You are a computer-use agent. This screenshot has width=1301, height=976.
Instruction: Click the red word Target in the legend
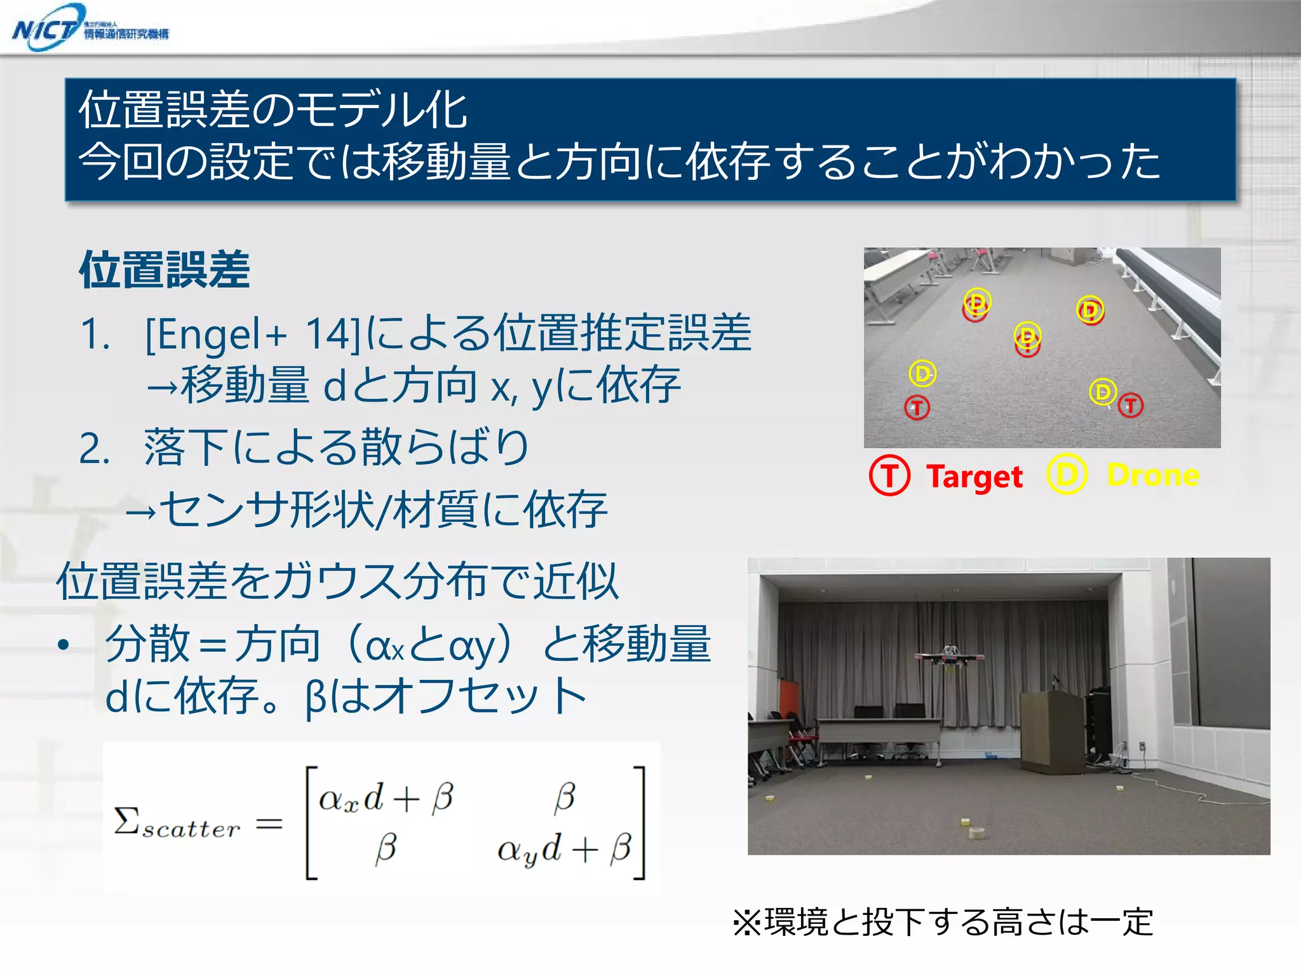point(974,477)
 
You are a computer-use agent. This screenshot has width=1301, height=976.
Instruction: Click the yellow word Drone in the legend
point(1152,475)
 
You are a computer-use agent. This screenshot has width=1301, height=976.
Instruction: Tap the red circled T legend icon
point(889,475)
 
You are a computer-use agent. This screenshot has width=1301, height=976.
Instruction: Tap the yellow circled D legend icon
point(1067,474)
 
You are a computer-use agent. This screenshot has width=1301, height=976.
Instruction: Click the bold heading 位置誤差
point(165,270)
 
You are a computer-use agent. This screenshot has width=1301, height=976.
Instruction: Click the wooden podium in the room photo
point(1051,731)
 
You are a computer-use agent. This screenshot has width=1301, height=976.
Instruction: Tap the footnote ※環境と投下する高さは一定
point(943,923)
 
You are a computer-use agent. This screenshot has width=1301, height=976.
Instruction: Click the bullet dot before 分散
point(63,646)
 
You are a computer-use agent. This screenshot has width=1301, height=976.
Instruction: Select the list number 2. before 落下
point(95,449)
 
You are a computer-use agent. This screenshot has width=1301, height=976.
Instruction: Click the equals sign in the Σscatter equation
point(269,825)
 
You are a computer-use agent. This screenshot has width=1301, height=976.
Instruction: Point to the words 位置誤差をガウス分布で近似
point(337,581)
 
